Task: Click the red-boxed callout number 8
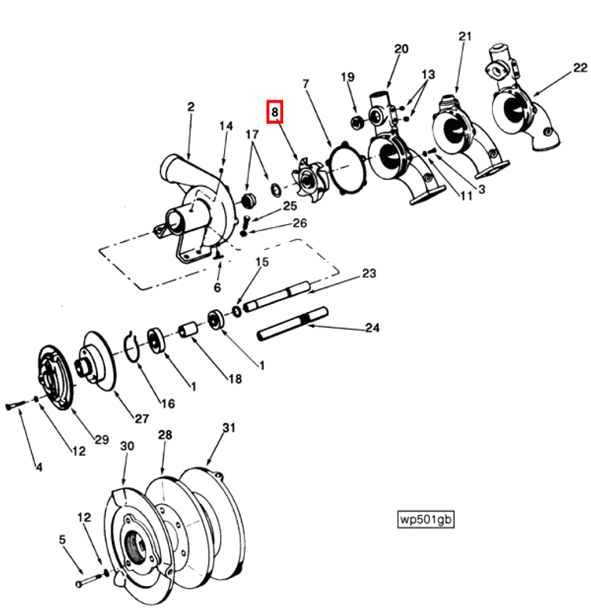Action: pyautogui.click(x=275, y=113)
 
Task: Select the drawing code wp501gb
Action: pyautogui.click(x=425, y=519)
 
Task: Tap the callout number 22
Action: pyautogui.click(x=580, y=68)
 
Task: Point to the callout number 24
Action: pyautogui.click(x=372, y=328)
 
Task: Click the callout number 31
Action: pyautogui.click(x=228, y=428)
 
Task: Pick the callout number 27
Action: pyautogui.click(x=140, y=419)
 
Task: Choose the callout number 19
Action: pyautogui.click(x=347, y=76)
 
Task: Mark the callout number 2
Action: pyautogui.click(x=190, y=107)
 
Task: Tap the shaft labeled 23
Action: pyautogui.click(x=277, y=300)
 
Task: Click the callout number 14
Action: pyautogui.click(x=226, y=126)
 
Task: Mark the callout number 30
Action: pyautogui.click(x=127, y=446)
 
